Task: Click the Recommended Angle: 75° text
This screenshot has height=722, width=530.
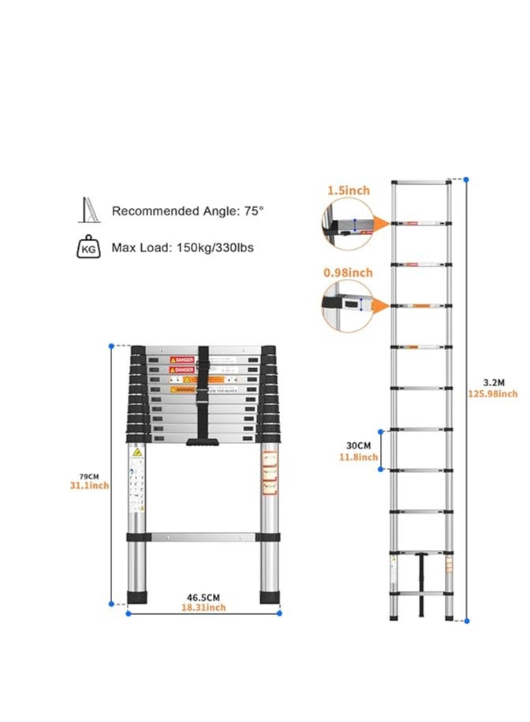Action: [x=187, y=211]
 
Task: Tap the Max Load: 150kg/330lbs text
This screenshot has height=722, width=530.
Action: [x=182, y=247]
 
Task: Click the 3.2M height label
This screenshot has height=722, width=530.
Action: [x=491, y=382]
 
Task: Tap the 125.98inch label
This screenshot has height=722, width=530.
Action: [x=492, y=394]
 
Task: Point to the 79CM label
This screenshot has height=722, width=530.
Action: [x=88, y=475]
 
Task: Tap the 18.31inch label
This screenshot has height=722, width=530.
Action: [x=203, y=608]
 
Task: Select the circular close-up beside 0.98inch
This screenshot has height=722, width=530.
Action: [x=345, y=304]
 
